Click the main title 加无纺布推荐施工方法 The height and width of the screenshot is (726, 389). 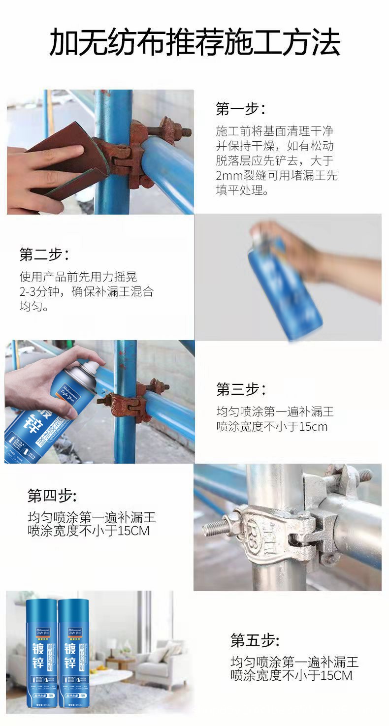pos(194,43)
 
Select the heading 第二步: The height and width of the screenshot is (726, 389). pos(44,254)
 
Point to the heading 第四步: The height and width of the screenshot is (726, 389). pos(52,496)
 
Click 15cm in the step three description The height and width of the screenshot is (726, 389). pos(313,427)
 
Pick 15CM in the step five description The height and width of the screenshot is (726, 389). pos(336,676)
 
